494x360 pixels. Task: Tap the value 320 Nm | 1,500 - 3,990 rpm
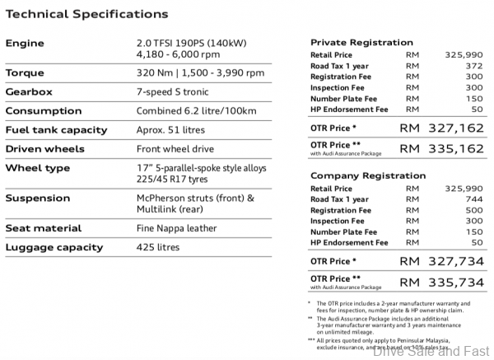(x=198, y=72)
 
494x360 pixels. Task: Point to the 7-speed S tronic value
(x=170, y=91)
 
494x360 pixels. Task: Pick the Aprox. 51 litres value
(x=170, y=129)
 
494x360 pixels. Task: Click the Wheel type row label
(x=38, y=168)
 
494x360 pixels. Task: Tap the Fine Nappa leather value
(x=176, y=227)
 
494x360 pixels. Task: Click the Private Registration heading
(x=361, y=42)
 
